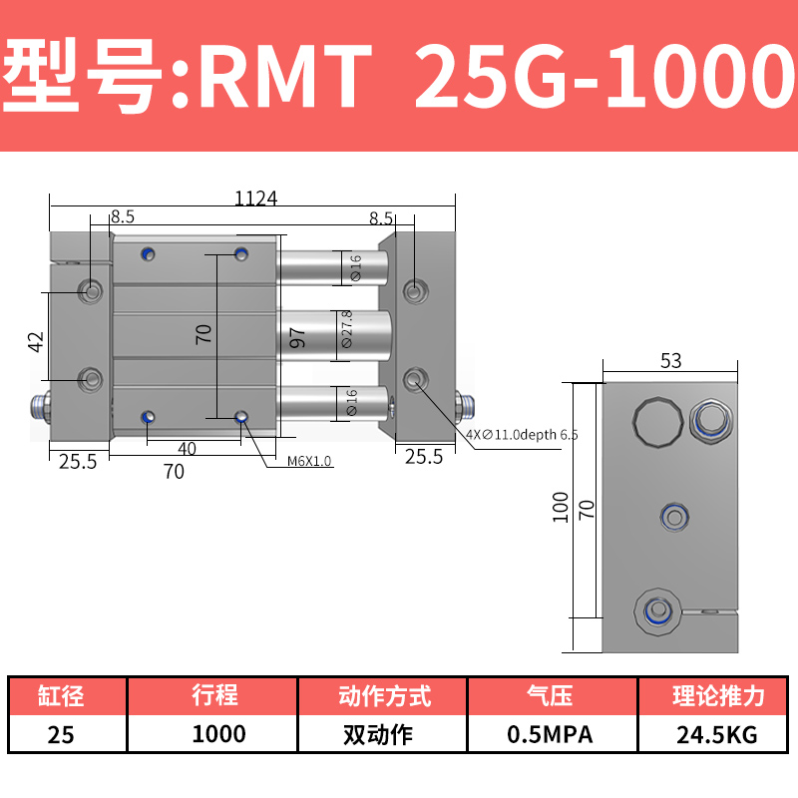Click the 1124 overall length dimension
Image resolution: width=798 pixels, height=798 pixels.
click(x=255, y=198)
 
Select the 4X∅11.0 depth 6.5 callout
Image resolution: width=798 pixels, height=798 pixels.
click(x=521, y=435)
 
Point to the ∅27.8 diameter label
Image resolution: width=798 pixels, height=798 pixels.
click(x=346, y=330)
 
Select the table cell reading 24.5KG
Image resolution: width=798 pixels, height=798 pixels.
click(x=715, y=735)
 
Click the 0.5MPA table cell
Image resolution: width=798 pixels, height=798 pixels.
click(x=550, y=735)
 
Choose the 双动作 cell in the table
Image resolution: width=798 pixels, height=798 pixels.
click(x=384, y=735)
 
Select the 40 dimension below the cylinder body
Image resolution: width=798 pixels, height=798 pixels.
click(x=187, y=449)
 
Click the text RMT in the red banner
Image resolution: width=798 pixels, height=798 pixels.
click(x=283, y=77)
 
